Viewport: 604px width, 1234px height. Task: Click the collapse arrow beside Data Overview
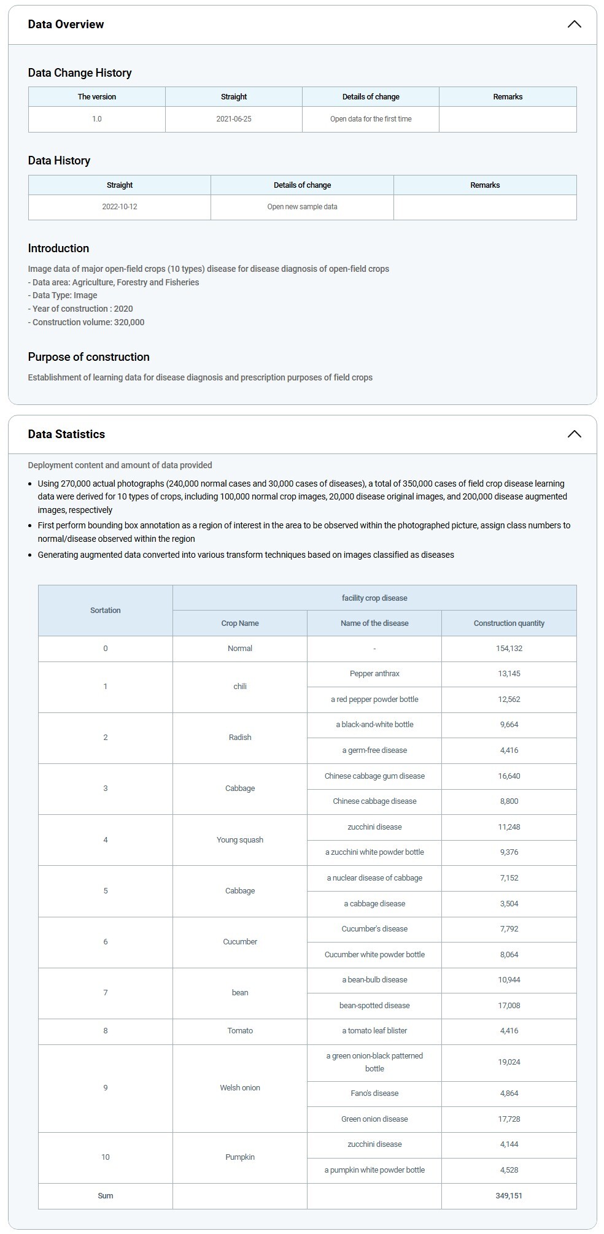574,25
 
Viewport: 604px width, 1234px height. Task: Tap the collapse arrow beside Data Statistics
574,434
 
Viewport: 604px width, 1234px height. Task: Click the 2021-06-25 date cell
234,119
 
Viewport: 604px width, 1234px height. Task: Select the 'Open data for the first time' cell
371,119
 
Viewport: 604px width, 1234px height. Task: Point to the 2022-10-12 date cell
120,207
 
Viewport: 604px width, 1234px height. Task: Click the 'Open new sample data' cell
302,207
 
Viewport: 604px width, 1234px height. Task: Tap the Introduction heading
58,249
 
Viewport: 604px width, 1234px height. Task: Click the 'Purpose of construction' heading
88,357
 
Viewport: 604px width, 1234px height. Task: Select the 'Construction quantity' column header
509,623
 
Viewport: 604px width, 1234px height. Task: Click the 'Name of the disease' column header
374,623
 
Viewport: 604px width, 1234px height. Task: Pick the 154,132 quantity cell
509,649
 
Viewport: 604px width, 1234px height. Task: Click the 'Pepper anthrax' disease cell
374,674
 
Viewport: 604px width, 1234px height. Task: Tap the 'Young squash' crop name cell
240,840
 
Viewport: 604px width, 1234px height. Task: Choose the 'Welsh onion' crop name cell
240,1088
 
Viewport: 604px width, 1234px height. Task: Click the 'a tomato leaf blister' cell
374,1031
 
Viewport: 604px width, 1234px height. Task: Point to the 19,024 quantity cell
509,1062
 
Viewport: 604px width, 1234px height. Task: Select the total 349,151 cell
509,1196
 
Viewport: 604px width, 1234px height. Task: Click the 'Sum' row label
106,1196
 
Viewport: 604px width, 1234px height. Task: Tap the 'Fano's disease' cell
374,1093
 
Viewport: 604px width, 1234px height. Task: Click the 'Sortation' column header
106,611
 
